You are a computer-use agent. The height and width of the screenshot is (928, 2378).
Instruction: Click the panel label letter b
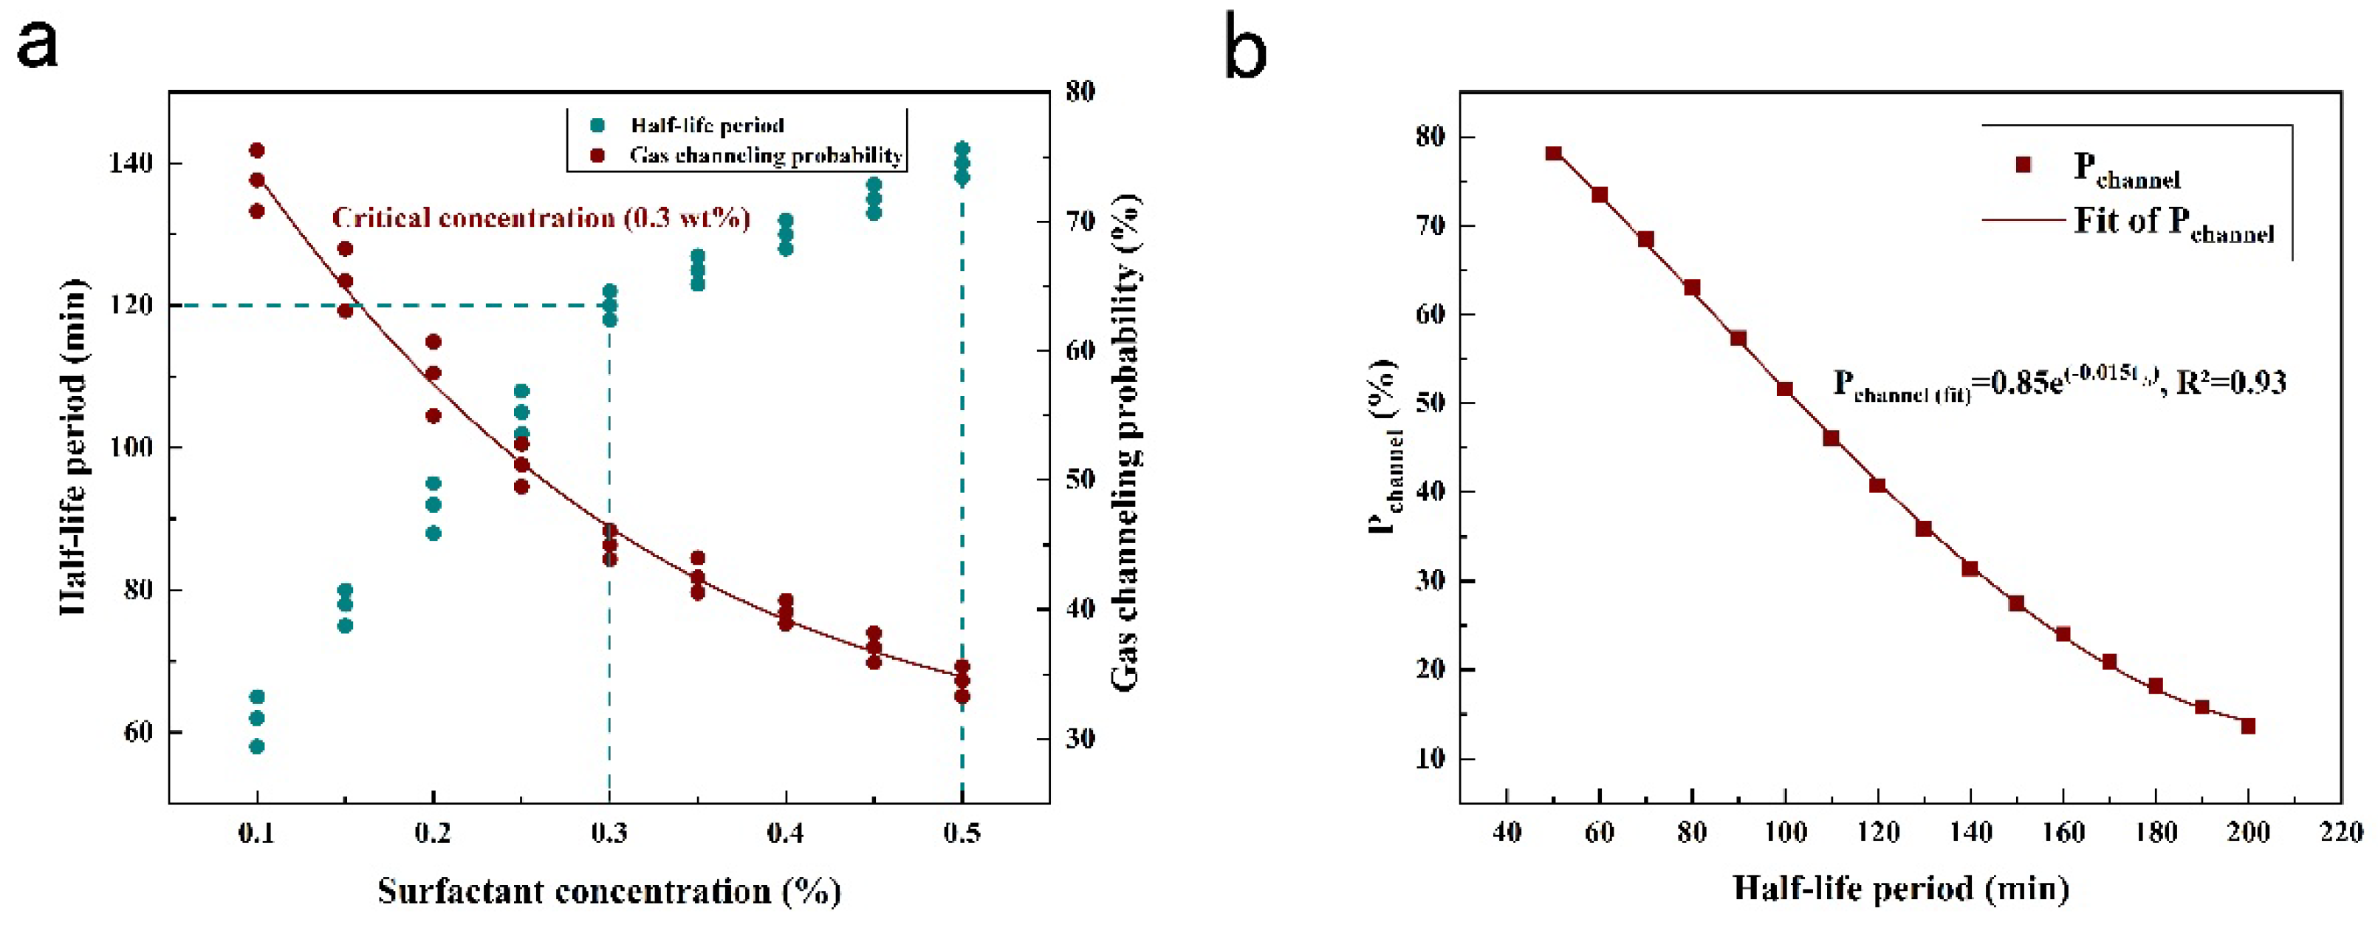[1247, 46]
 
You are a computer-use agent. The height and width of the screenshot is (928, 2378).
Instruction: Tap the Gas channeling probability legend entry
[764, 155]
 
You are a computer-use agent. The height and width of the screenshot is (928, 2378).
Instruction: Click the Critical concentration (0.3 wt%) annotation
[541, 219]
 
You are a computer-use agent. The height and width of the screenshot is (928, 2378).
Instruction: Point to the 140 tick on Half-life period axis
[130, 163]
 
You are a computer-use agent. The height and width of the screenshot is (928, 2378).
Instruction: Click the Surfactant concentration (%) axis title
[609, 892]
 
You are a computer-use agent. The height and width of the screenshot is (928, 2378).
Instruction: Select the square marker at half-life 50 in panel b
[1554, 153]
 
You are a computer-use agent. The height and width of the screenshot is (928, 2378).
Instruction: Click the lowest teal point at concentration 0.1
[258, 746]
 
